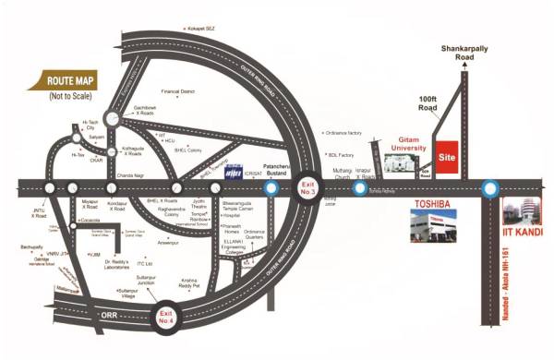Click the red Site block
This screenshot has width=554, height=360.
tap(448, 157)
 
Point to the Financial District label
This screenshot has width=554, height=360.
tap(181, 91)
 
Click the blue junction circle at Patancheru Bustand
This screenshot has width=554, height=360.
tap(271, 188)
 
